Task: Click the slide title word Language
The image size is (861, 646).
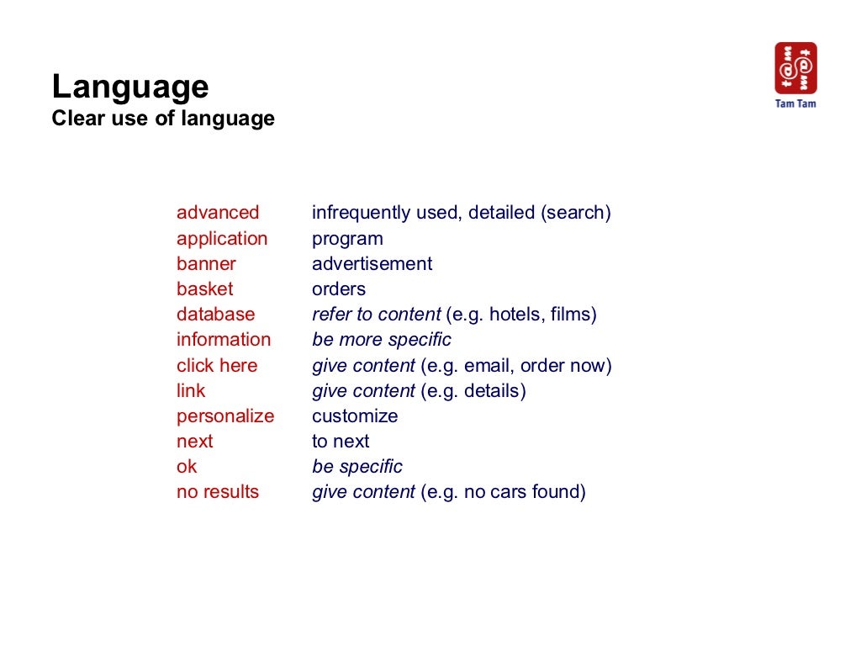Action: pos(130,87)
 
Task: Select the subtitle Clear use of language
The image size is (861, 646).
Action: pos(163,119)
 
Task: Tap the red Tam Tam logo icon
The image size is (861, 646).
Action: pos(795,68)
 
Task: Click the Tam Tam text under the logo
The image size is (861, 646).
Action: pos(795,103)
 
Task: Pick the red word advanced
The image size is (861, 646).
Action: pos(218,213)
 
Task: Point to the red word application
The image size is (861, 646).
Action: pos(222,239)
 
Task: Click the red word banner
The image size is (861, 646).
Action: pos(206,264)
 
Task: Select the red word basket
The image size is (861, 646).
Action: pos(204,289)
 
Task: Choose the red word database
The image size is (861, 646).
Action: pos(215,315)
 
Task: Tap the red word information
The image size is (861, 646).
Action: pos(224,340)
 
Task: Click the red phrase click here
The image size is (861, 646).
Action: pos(217,366)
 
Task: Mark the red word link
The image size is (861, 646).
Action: pos(191,391)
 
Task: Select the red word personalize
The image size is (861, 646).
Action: pos(225,416)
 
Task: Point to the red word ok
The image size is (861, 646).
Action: pos(187,467)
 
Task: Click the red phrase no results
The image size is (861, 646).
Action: pos(218,492)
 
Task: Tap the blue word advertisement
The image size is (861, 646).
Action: pos(372,264)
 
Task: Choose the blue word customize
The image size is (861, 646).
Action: pos(355,416)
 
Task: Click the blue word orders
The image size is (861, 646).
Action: pos(339,289)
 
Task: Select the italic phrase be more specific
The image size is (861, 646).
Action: pos(382,340)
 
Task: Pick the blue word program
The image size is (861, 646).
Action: pos(347,239)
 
